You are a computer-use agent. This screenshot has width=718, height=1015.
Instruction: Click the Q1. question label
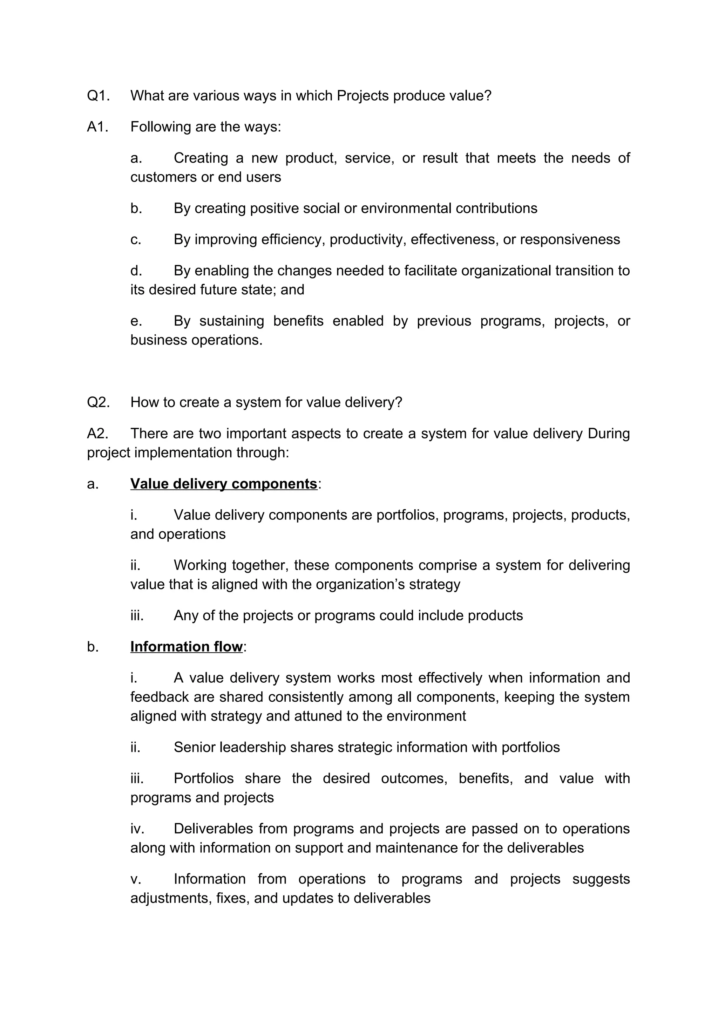(x=98, y=96)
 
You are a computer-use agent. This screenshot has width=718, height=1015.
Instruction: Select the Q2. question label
(x=98, y=402)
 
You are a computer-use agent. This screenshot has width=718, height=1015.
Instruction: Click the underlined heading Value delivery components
(x=223, y=484)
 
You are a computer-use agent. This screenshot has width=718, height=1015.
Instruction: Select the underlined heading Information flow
(x=186, y=647)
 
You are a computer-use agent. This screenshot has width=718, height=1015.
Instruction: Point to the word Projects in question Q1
(x=363, y=96)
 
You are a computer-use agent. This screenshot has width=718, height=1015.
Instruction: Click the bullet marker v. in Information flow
(x=136, y=879)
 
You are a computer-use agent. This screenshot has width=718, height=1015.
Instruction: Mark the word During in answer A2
(x=608, y=433)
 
